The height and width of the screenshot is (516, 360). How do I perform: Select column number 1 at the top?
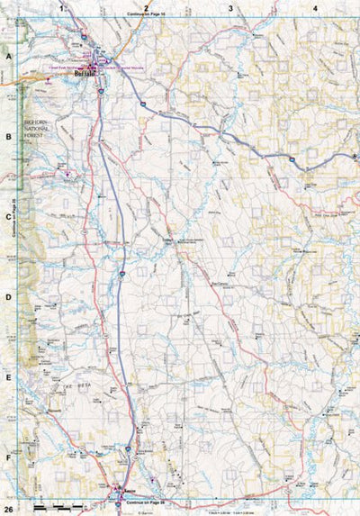click(x=62, y=8)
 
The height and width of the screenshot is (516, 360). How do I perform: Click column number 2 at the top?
click(x=146, y=8)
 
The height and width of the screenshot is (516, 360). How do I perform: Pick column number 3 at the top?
click(x=230, y=8)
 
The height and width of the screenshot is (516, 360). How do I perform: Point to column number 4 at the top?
click(x=315, y=8)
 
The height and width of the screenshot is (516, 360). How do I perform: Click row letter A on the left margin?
click(x=8, y=56)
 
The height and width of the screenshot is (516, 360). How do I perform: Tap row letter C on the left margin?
click(x=8, y=217)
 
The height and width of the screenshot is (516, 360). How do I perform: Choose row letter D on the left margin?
click(x=8, y=297)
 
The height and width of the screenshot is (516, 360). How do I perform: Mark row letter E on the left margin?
click(x=8, y=377)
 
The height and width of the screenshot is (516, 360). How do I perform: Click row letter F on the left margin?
click(x=8, y=457)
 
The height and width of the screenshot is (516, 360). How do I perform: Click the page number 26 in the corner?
click(x=8, y=508)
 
